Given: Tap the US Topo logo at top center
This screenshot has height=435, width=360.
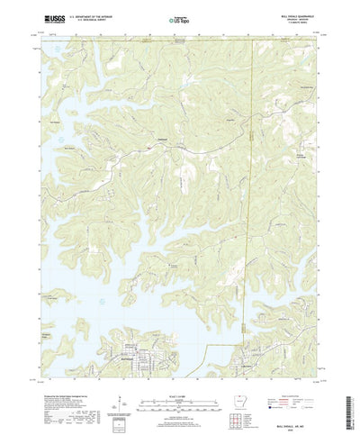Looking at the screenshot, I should pos(181,18).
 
